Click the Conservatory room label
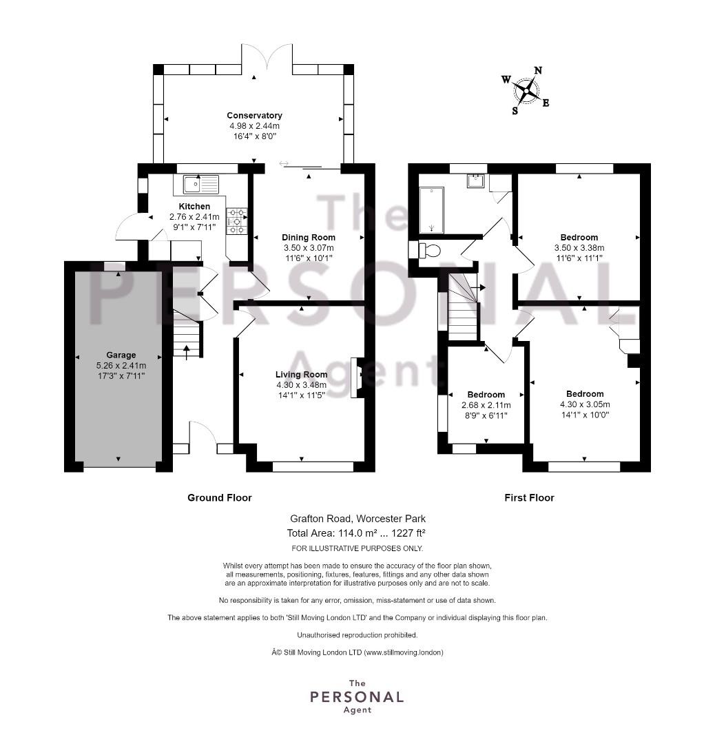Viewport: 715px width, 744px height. coord(254,115)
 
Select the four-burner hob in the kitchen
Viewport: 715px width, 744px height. coord(236,221)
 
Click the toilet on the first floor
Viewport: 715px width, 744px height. coord(430,250)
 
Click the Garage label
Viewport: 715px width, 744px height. coord(121,355)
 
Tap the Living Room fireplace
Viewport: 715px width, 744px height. coord(357,378)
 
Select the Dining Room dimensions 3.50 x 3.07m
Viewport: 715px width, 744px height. coord(309,248)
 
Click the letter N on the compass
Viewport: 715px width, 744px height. coord(537,71)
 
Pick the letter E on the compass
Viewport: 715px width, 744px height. coord(546,103)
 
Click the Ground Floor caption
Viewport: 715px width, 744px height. coord(220,498)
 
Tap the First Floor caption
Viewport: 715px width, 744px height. coord(530,498)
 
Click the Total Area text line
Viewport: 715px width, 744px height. coord(356,533)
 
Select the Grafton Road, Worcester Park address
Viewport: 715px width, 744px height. coord(358,519)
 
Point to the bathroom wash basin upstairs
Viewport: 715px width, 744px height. coord(475,180)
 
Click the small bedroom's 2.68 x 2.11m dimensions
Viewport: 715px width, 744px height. coord(486,405)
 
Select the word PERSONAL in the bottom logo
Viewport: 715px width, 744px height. coord(357,697)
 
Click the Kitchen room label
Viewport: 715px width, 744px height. coord(194,207)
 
